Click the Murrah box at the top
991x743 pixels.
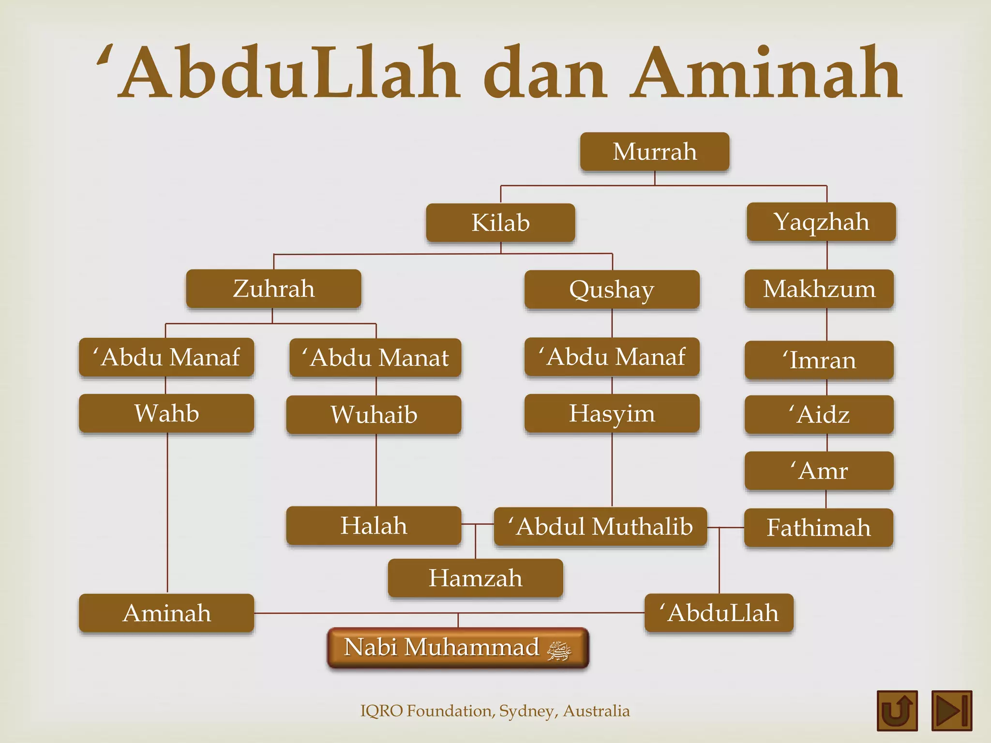point(655,151)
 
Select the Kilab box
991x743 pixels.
point(500,223)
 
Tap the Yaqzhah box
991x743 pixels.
point(821,222)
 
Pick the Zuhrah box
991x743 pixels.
point(273,289)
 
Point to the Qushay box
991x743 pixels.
point(612,289)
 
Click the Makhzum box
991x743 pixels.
point(819,289)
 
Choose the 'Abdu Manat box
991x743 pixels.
point(375,357)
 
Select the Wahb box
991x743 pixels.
point(166,413)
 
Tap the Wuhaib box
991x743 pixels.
point(374,415)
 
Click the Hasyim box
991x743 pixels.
point(612,413)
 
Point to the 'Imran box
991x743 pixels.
point(819,360)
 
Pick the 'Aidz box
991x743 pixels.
point(819,415)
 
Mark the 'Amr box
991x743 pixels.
point(819,471)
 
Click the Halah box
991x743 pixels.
point(374,525)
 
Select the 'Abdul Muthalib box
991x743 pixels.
point(600,526)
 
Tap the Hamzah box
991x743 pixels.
point(475,578)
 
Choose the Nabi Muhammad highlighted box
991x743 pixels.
point(458,648)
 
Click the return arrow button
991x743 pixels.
point(897,710)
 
